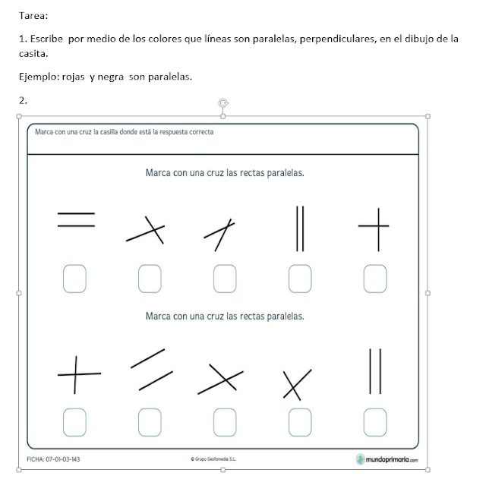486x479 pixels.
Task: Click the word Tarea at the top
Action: click(34, 14)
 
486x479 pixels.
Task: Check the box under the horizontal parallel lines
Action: click(74, 278)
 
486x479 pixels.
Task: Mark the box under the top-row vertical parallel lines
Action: click(300, 278)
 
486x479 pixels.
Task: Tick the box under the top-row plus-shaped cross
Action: click(374, 278)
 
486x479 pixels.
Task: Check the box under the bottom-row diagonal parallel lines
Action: click(150, 419)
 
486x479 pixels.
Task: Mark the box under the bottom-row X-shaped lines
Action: click(300, 419)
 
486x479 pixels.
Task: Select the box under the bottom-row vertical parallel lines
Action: click(374, 419)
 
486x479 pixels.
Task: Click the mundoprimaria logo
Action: click(387, 459)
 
